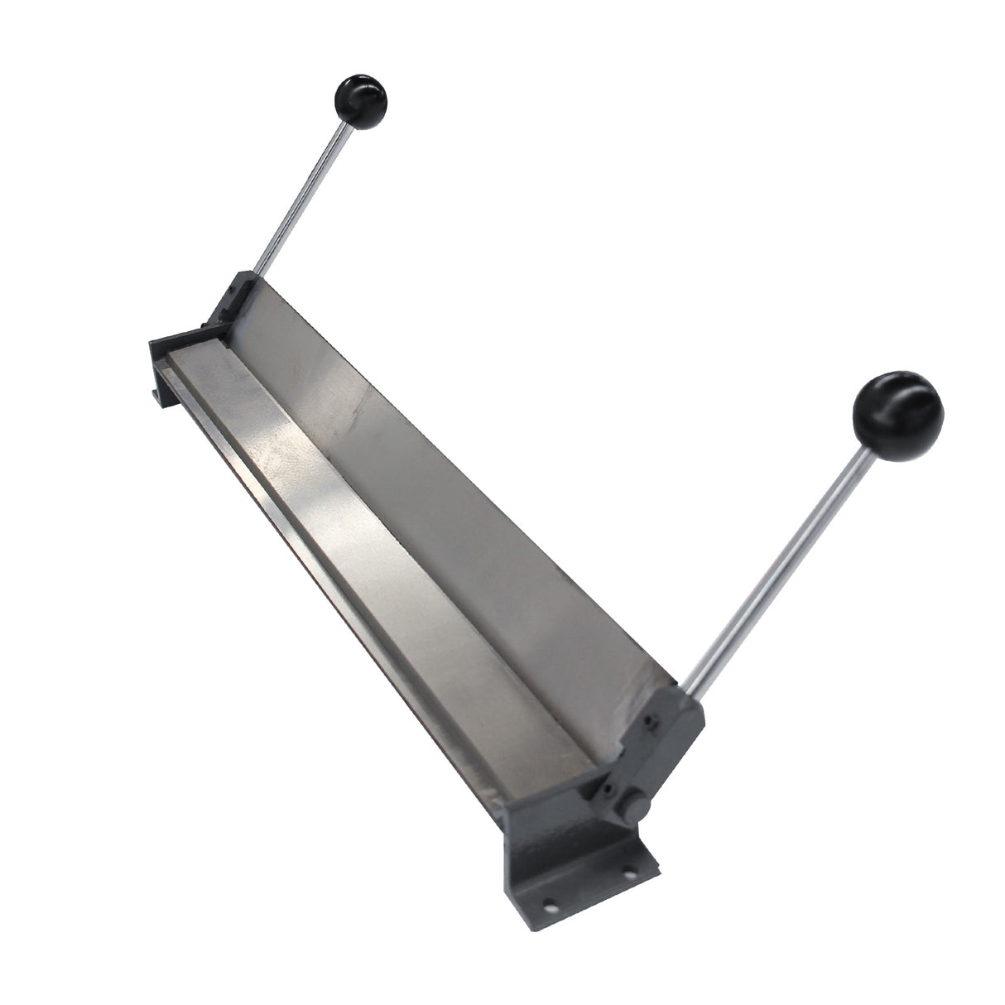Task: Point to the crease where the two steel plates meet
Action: pyautogui.click(x=414, y=464)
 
